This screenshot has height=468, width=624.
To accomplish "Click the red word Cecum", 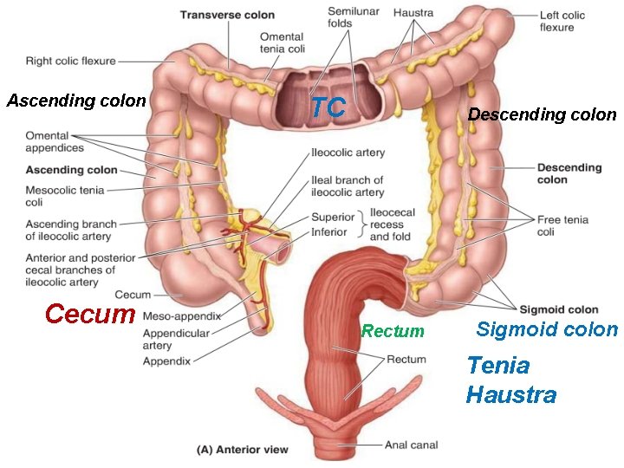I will coord(89,313).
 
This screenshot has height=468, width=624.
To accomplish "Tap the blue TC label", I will coord(328,107).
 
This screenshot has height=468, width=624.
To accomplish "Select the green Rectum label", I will coord(393,331).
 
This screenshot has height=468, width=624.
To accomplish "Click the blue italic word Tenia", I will coord(497,365).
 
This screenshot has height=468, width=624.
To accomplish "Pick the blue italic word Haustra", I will coord(510,396).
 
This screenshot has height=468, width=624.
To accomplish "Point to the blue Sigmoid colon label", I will coord(547,329).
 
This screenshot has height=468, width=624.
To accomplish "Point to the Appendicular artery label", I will coord(176,339).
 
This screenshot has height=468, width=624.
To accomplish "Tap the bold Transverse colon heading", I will coord(227,15).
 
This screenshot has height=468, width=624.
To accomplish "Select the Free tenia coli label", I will coord(562,225).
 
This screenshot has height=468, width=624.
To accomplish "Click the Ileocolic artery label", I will coord(348,153).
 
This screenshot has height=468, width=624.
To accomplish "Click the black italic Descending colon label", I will coord(542,114).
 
